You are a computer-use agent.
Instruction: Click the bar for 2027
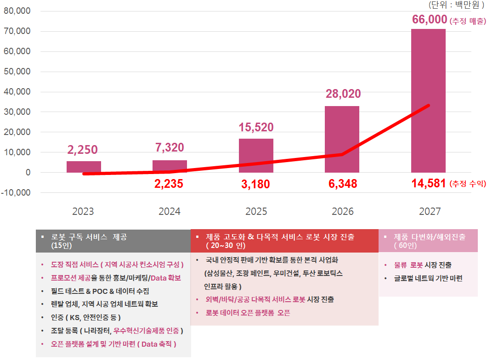[428, 101]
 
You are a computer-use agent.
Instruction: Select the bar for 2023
[84, 167]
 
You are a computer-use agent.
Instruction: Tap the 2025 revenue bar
[256, 155]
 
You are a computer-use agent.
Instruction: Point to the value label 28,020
[343, 94]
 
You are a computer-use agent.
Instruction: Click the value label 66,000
[430, 20]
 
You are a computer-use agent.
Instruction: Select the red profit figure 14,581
[429, 184]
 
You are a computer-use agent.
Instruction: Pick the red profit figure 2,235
[169, 184]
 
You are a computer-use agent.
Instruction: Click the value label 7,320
[169, 147]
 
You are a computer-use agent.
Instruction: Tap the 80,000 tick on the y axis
[17, 11]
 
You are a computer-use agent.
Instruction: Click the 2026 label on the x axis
[343, 211]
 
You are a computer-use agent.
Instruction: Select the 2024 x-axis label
[170, 211]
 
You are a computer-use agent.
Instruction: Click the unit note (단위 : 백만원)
[456, 5]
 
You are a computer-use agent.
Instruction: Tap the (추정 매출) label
[468, 21]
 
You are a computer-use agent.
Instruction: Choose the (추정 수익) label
[468, 184]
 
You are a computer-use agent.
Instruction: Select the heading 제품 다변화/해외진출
[429, 237]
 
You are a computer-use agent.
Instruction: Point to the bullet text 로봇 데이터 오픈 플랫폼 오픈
[248, 313]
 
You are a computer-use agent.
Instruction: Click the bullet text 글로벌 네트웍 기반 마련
[428, 278]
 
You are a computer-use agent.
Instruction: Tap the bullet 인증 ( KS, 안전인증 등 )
[86, 317]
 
